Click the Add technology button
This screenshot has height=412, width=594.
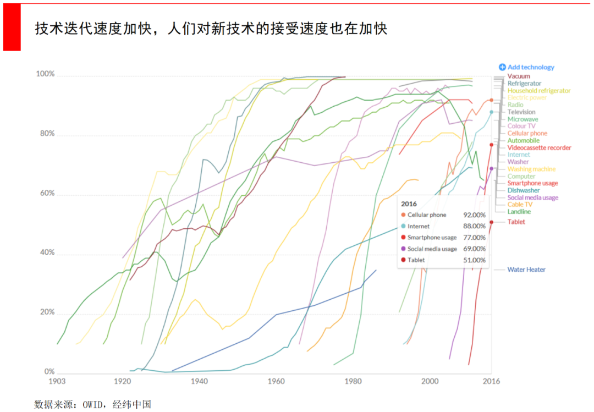tap(526, 67)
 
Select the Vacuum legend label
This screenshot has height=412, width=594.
tap(519, 76)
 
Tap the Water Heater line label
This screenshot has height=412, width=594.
tap(526, 270)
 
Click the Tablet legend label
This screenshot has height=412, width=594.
tap(516, 222)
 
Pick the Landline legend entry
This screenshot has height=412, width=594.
tap(519, 211)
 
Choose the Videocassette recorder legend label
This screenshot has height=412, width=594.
tap(539, 147)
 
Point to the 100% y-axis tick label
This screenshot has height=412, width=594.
tap(45, 74)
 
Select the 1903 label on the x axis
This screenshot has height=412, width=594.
tap(57, 381)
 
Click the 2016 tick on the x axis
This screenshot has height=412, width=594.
tap(491, 381)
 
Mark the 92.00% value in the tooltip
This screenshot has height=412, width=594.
tap(475, 215)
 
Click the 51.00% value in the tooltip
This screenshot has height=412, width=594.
tap(475, 260)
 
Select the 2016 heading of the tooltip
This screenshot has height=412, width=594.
tap(409, 204)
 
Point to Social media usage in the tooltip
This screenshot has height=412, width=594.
tap(432, 249)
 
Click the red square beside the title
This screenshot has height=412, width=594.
tap(12, 27)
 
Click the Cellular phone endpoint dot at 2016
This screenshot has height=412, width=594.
tap(491, 100)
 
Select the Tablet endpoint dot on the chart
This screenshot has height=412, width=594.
tap(491, 222)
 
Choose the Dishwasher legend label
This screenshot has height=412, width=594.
tap(523, 190)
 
